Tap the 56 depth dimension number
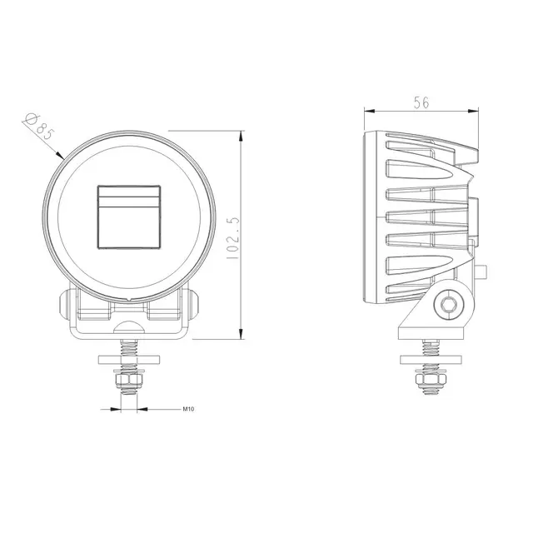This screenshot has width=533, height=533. point(421,102)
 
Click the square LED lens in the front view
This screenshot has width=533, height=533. point(128,216)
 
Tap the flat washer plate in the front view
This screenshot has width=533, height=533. point(129,360)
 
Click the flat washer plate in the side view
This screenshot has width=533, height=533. point(429,360)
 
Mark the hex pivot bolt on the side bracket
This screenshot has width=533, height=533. point(451,304)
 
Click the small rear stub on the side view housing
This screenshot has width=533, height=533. point(483,271)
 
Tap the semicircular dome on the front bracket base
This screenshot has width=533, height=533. point(129,327)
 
